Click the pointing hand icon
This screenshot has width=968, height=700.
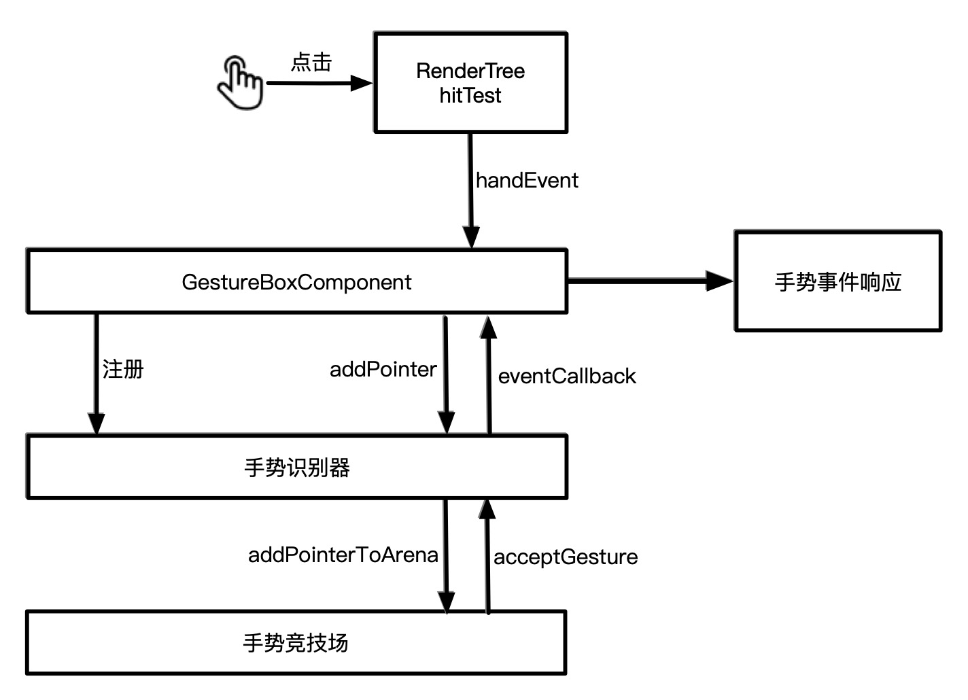(240, 83)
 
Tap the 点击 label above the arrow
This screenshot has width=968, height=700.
(311, 63)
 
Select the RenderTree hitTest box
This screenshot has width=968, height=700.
(470, 82)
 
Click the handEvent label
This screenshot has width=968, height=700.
(527, 181)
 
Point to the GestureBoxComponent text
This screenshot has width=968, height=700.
(296, 282)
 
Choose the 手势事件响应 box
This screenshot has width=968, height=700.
(837, 281)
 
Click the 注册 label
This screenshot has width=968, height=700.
(123, 370)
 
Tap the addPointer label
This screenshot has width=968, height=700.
(383, 370)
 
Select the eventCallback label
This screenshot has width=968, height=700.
(567, 377)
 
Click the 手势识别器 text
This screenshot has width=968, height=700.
(296, 468)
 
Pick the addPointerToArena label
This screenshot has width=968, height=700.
(343, 555)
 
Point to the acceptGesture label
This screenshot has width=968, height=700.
(566, 557)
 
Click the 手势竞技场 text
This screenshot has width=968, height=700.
(296, 643)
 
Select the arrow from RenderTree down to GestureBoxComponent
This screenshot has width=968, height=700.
(470, 190)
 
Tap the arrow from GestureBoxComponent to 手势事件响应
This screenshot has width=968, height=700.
(649, 280)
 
